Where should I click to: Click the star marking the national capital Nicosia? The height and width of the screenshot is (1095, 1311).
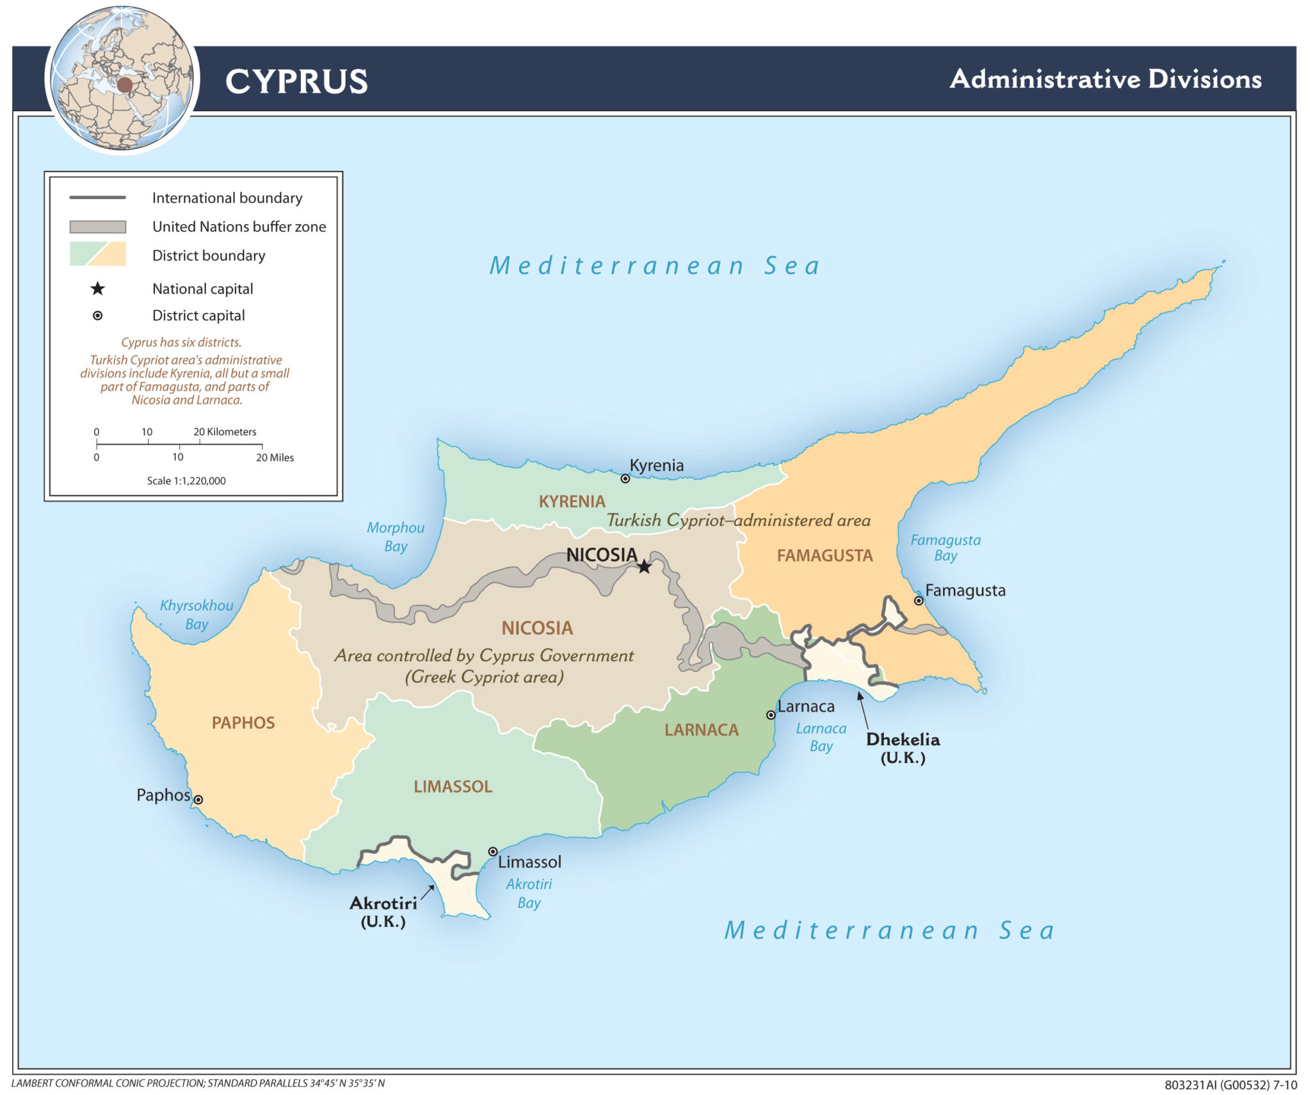[644, 567]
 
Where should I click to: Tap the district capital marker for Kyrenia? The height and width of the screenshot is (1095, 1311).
[625, 478]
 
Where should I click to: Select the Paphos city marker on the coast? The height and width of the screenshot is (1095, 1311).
[198, 799]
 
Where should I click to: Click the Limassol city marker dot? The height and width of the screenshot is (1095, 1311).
[493, 851]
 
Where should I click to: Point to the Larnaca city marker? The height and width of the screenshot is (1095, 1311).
[771, 715]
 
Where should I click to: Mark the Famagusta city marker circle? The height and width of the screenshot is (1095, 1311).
[919, 600]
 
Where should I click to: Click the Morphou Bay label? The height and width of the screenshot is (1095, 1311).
[395, 536]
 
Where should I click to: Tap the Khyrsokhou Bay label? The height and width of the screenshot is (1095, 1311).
[196, 614]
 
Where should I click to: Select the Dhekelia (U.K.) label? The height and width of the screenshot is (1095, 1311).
[903, 748]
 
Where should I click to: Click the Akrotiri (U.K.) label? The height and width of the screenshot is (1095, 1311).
[383, 911]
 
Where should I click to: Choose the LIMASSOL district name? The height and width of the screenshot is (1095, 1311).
[453, 786]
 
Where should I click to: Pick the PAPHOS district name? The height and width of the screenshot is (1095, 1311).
[243, 723]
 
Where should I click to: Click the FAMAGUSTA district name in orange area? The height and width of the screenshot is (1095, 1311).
[824, 555]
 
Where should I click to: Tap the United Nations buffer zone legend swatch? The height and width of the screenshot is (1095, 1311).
[98, 227]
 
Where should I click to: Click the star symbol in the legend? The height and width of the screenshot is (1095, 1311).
[97, 289]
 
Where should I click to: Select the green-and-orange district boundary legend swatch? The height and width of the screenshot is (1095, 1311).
[98, 254]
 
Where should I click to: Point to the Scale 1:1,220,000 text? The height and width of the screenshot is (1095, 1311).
[186, 481]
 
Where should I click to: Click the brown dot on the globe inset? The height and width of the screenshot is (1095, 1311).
[124, 84]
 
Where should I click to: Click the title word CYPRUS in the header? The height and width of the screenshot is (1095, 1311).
[296, 82]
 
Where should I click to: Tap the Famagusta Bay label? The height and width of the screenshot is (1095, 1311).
[945, 548]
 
